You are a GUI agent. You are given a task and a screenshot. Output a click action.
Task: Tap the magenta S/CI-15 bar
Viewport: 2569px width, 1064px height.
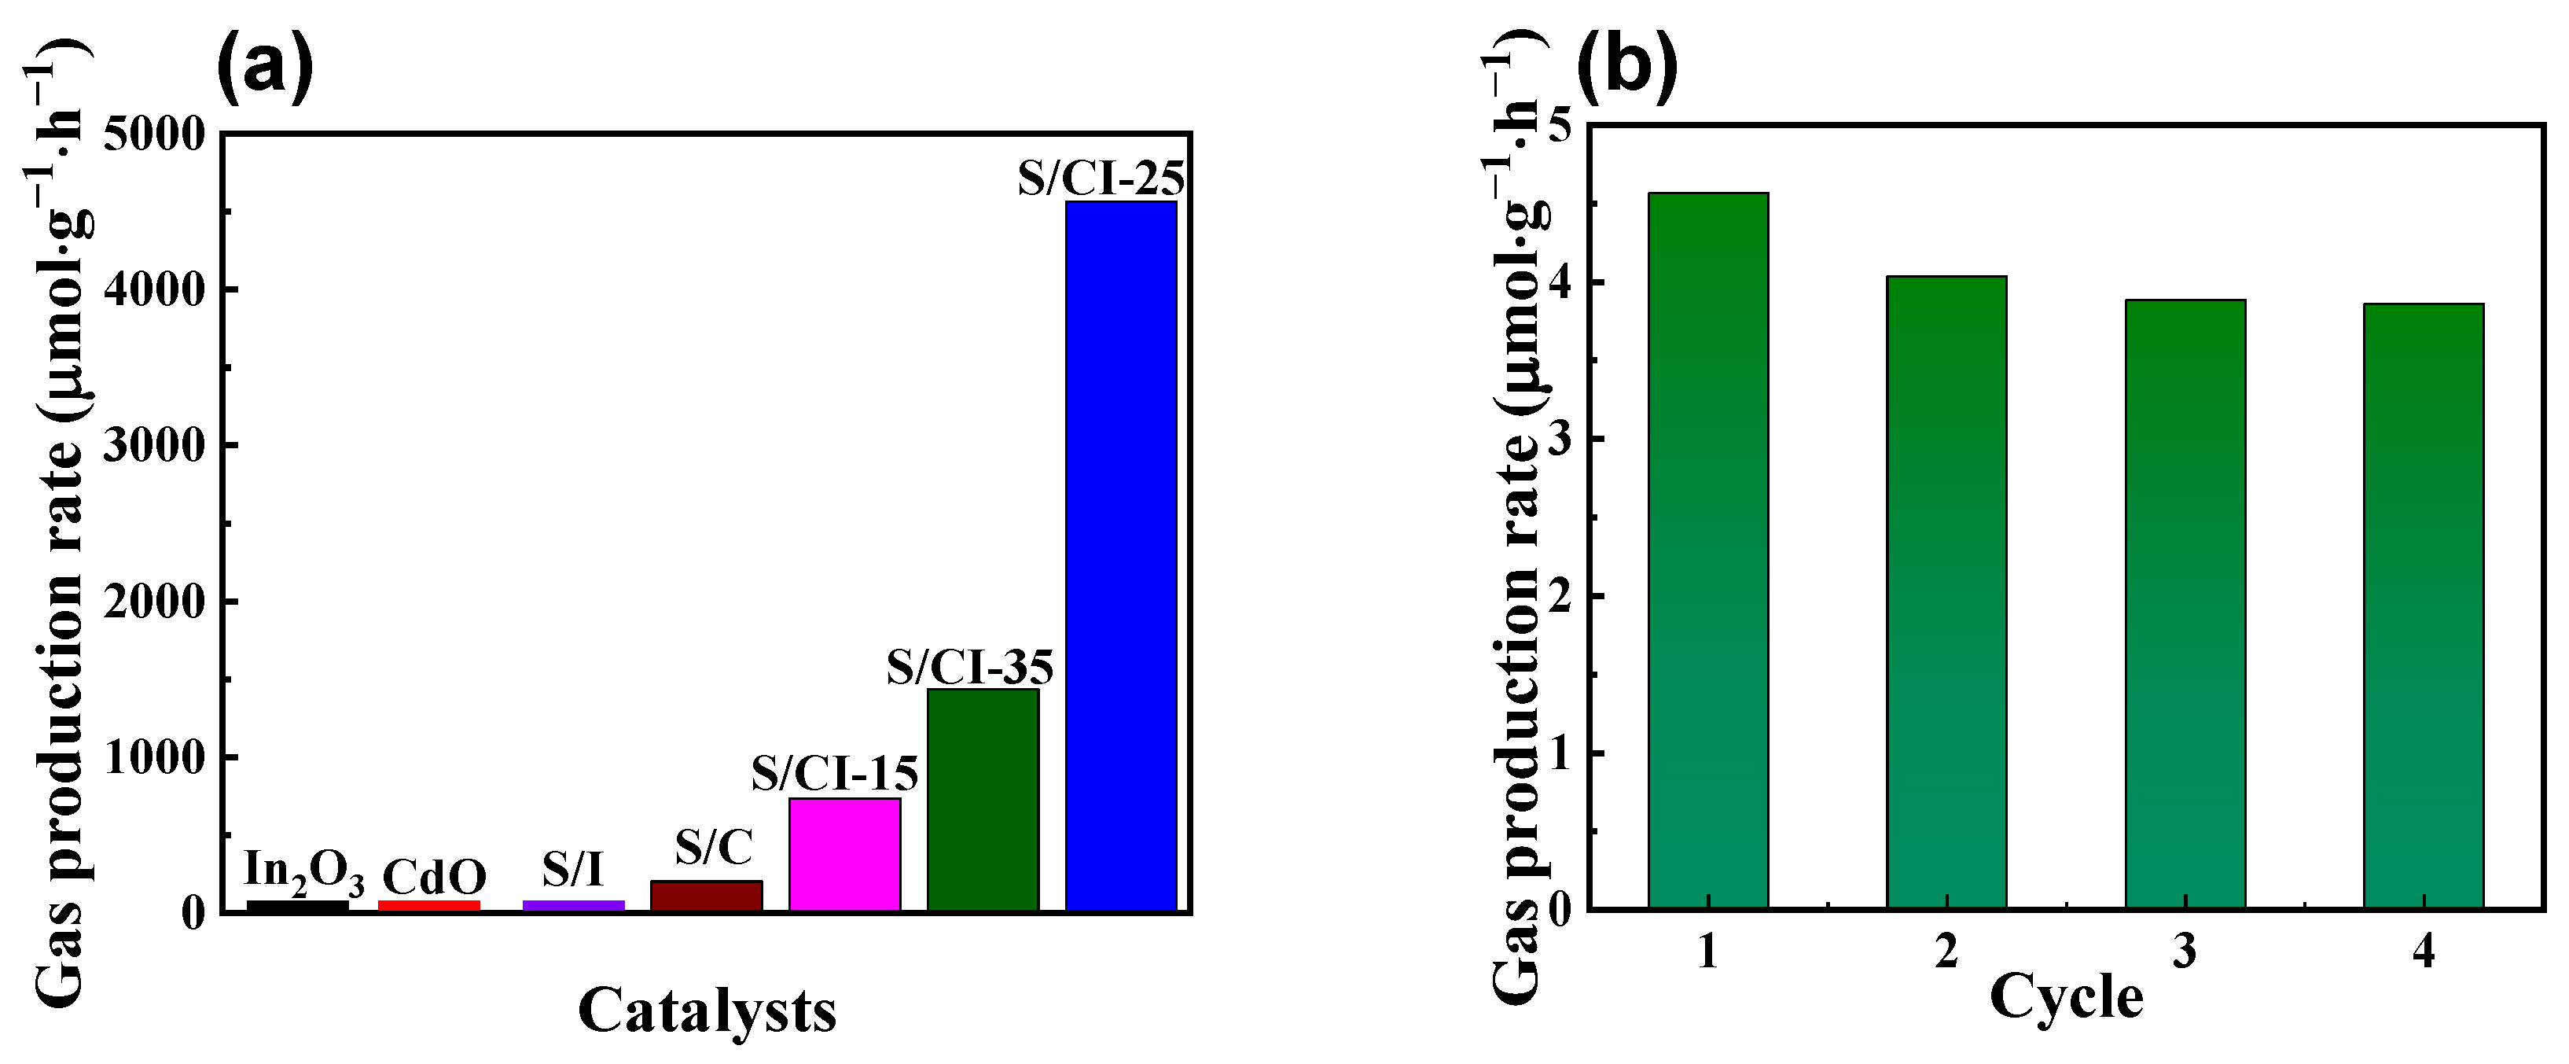[x=845, y=853]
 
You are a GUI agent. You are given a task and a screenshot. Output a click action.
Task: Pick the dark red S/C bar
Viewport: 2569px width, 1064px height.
[x=706, y=894]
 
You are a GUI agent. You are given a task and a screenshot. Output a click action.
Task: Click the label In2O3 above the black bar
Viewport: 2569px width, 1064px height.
[x=303, y=871]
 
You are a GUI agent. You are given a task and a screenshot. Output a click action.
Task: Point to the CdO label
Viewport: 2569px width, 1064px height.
[x=434, y=878]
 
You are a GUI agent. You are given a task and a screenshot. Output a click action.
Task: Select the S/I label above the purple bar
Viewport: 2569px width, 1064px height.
[x=572, y=870]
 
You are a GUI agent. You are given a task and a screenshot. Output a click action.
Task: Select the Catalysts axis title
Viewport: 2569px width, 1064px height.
[x=706, y=1011]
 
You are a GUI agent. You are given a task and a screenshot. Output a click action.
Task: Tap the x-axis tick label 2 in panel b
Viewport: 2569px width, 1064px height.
[x=1946, y=952]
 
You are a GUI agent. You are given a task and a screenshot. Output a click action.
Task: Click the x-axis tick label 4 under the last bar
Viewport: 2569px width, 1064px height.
[x=2424, y=952]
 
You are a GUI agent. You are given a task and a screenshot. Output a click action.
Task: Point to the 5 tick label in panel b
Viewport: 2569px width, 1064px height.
[x=1558, y=126]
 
